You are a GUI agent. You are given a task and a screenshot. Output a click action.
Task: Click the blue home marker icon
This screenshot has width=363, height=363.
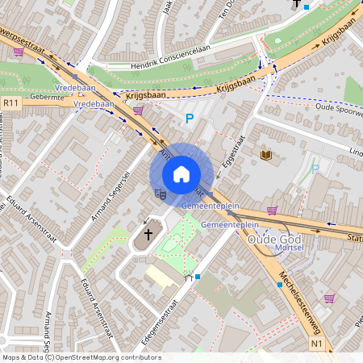coord(181,174)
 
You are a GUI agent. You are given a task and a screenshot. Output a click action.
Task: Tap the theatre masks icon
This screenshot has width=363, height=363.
coord(160,194)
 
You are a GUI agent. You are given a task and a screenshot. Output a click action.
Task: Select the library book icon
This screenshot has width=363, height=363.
coord(265,154)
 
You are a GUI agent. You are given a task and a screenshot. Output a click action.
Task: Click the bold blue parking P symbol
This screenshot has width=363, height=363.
coord(190,119)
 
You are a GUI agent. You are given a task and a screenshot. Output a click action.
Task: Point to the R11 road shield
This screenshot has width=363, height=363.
coord(10,102)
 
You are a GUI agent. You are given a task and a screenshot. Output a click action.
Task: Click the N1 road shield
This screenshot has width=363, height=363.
coord(317,344)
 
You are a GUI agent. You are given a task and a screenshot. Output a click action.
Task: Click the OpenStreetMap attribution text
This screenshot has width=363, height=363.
coord(81,357)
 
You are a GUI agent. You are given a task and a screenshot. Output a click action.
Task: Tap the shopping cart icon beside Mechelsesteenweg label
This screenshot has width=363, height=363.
coord(328,298)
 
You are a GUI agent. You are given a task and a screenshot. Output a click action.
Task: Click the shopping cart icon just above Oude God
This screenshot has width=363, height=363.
coord(272,211)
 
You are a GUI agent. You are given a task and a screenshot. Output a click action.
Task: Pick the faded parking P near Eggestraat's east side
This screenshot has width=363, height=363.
coord(315,169)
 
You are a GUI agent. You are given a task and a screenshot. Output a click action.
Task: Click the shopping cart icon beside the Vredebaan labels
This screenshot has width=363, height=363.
coord(138,111)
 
